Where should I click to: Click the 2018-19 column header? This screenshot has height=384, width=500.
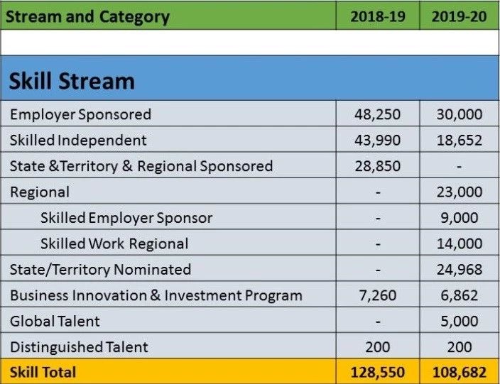point(378,16)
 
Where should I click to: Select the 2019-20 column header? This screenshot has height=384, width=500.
point(460,16)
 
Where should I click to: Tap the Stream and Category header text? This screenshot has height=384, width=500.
point(87,17)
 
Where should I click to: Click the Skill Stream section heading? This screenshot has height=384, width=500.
point(72,81)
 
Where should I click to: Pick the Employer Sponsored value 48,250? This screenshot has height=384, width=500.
point(378,114)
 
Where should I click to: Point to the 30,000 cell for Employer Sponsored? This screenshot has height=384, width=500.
point(460,114)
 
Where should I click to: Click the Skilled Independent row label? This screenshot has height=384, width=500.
point(78,141)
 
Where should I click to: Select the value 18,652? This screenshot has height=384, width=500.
point(460,141)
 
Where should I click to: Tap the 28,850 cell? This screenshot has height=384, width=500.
point(378,166)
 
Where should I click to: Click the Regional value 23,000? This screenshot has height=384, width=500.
point(460,192)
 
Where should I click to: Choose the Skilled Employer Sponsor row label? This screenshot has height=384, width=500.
point(126,218)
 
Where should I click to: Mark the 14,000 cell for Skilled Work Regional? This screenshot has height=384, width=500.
point(460,243)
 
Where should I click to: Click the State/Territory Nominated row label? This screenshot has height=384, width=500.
point(100,270)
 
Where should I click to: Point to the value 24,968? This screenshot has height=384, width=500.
point(460,270)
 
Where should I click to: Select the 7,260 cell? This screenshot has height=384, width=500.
point(378,295)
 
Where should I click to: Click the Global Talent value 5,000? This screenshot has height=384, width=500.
point(460,322)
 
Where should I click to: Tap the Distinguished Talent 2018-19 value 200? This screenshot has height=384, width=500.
point(378,347)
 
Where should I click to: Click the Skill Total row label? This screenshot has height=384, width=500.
point(43,372)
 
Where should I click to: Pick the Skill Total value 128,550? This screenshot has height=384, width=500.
point(378,372)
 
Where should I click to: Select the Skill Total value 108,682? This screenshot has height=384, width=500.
point(460,372)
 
